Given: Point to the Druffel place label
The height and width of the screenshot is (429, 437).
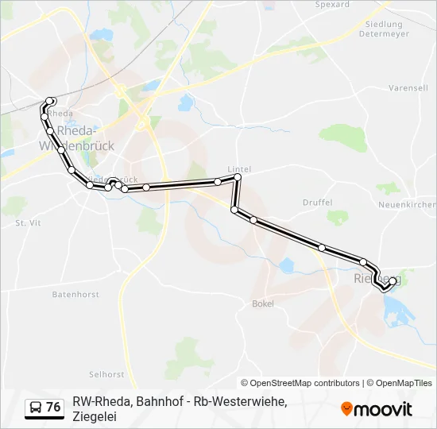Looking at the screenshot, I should pyautogui.click(x=317, y=203).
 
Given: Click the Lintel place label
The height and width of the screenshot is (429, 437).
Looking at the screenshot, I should pyautogui.click(x=239, y=169).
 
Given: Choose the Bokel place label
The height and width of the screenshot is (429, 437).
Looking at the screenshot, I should pyautogui.click(x=262, y=303).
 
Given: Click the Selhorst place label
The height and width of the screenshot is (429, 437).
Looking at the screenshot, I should pyautogui.click(x=106, y=373).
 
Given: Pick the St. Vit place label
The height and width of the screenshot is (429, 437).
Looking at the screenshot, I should pyautogui.click(x=28, y=223).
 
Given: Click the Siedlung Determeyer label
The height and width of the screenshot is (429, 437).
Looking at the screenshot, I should pyautogui.click(x=385, y=29).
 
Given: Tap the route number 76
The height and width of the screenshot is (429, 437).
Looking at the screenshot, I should pyautogui.click(x=53, y=408).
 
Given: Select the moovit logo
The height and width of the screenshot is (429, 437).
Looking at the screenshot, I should pyautogui.click(x=377, y=409).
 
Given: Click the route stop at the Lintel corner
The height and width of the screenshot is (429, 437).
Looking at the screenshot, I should pyautogui.click(x=237, y=178).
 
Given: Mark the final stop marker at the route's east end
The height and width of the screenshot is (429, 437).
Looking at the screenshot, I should pyautogui.click(x=393, y=280).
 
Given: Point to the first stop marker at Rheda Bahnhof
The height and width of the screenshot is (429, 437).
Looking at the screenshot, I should pyautogui.click(x=50, y=101).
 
